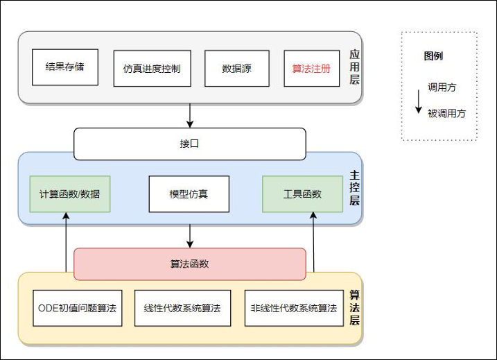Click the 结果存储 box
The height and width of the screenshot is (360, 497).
point(65,67)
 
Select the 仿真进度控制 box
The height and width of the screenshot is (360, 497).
point(152,69)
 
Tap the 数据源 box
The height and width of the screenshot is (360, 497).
point(236,69)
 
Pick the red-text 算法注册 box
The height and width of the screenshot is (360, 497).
point(311,69)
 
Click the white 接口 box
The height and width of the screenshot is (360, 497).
point(189,144)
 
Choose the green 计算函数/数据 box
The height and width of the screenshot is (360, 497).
point(70,194)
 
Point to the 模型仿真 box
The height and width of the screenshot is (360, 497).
point(189,194)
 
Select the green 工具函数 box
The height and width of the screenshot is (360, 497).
point(302,194)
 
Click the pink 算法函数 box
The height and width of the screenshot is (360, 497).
point(189,264)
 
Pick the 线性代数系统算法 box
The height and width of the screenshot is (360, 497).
point(182,308)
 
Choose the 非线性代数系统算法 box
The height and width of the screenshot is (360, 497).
point(294,308)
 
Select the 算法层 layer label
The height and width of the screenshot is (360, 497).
point(354,307)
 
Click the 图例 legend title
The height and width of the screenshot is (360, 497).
point(433,56)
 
